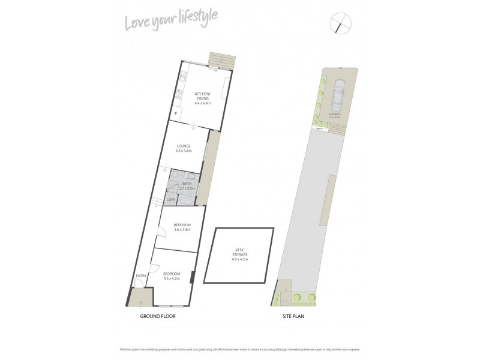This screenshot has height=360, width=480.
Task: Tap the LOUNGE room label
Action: pyautogui.click(x=184, y=146)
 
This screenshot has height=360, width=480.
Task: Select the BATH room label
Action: pyautogui.click(x=187, y=184)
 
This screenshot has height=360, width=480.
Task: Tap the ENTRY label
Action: pyautogui.click(x=140, y=276)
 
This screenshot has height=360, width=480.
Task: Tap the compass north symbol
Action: pyautogui.click(x=341, y=23)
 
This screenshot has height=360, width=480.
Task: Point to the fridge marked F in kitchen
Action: pyautogui.click(x=176, y=113)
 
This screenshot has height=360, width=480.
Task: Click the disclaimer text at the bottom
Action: pyautogui.click(x=239, y=349)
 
